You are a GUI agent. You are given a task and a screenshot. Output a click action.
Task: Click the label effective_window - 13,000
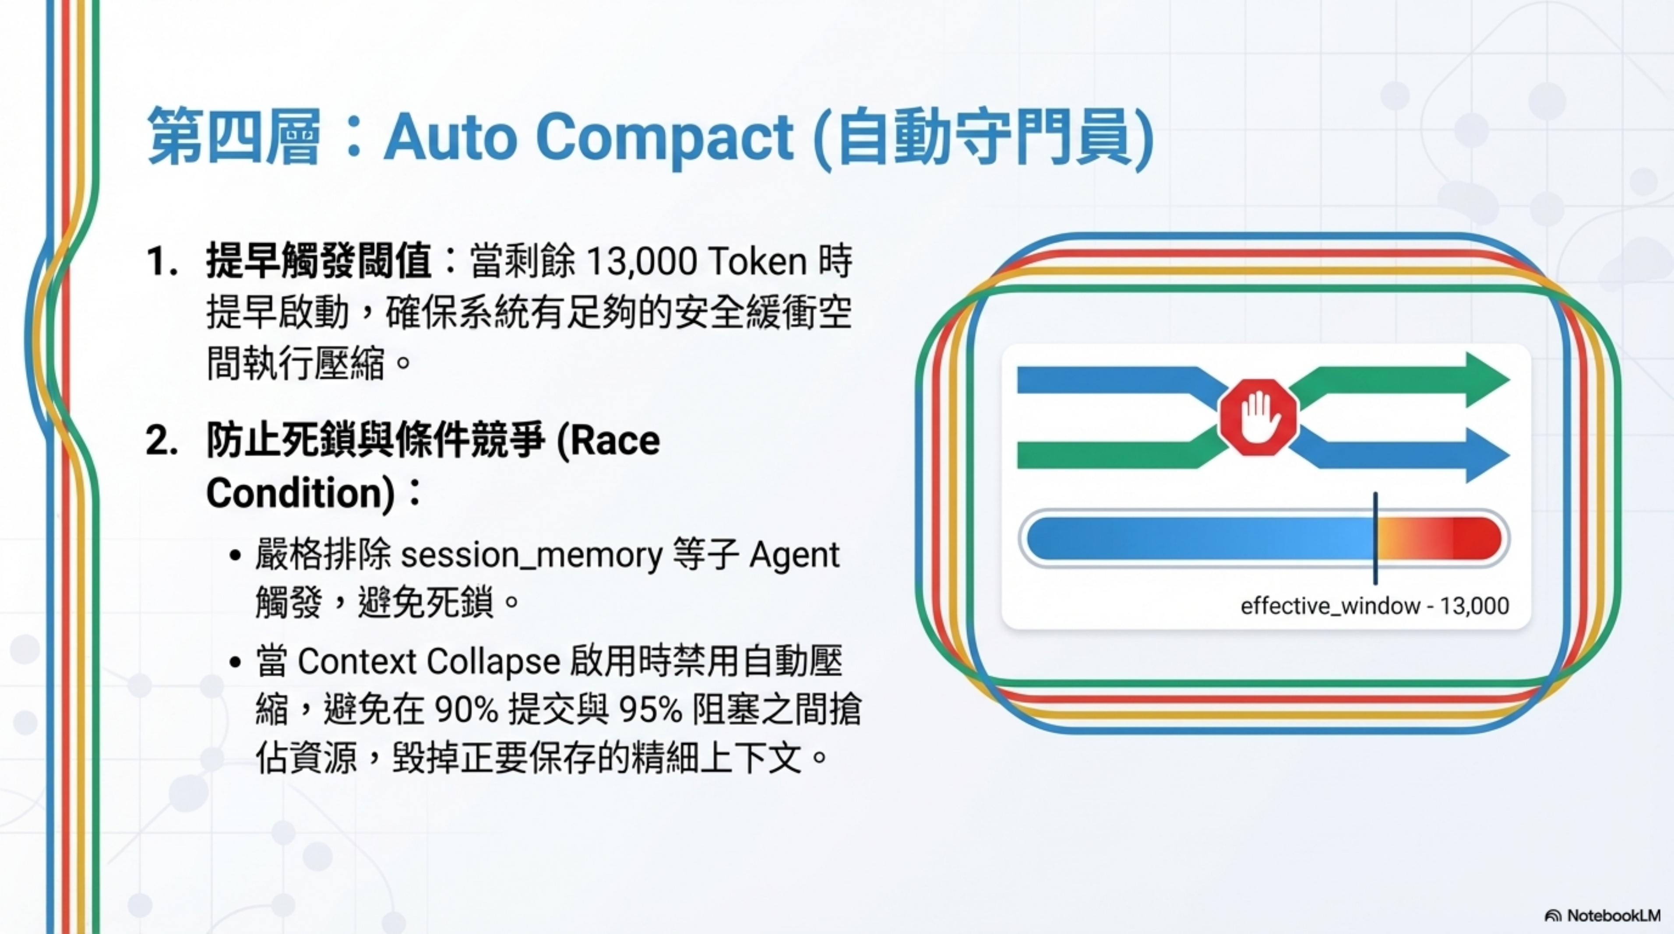pos(1374,606)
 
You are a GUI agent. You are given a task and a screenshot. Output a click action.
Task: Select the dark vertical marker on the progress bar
pos(1375,538)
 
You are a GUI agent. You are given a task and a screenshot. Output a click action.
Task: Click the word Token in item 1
pos(757,262)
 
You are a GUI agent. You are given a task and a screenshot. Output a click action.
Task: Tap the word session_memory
pos(532,555)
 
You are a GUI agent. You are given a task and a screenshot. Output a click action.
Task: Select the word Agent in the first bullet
pos(794,555)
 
